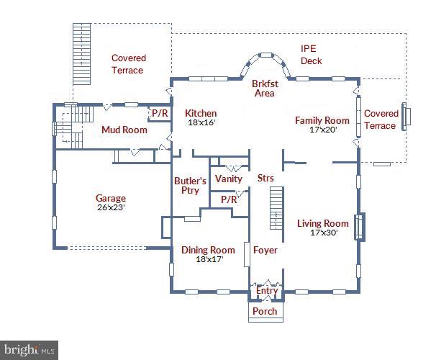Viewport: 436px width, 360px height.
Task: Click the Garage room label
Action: pyautogui.click(x=111, y=199)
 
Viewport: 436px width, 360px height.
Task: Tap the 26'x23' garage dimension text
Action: pyautogui.click(x=111, y=208)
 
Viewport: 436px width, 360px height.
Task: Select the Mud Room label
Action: pyautogui.click(x=124, y=130)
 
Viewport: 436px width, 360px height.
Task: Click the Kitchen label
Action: pyautogui.click(x=201, y=114)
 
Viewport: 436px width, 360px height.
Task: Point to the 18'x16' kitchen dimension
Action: pyautogui.click(x=201, y=123)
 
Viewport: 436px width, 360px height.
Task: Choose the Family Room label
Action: pyautogui.click(x=322, y=120)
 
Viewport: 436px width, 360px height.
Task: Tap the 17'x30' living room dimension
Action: pyautogui.click(x=322, y=233)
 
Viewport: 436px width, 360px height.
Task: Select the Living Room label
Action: pyautogui.click(x=323, y=223)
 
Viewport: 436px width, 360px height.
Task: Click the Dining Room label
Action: pyautogui.click(x=208, y=251)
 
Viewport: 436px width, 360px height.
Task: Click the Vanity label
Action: pyautogui.click(x=229, y=179)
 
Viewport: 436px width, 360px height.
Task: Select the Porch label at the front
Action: pyautogui.click(x=265, y=311)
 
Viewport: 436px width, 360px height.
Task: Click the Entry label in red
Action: pyautogui.click(x=267, y=291)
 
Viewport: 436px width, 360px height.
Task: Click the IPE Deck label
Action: pyautogui.click(x=311, y=55)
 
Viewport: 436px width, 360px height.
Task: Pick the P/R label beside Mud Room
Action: pyautogui.click(x=159, y=114)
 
